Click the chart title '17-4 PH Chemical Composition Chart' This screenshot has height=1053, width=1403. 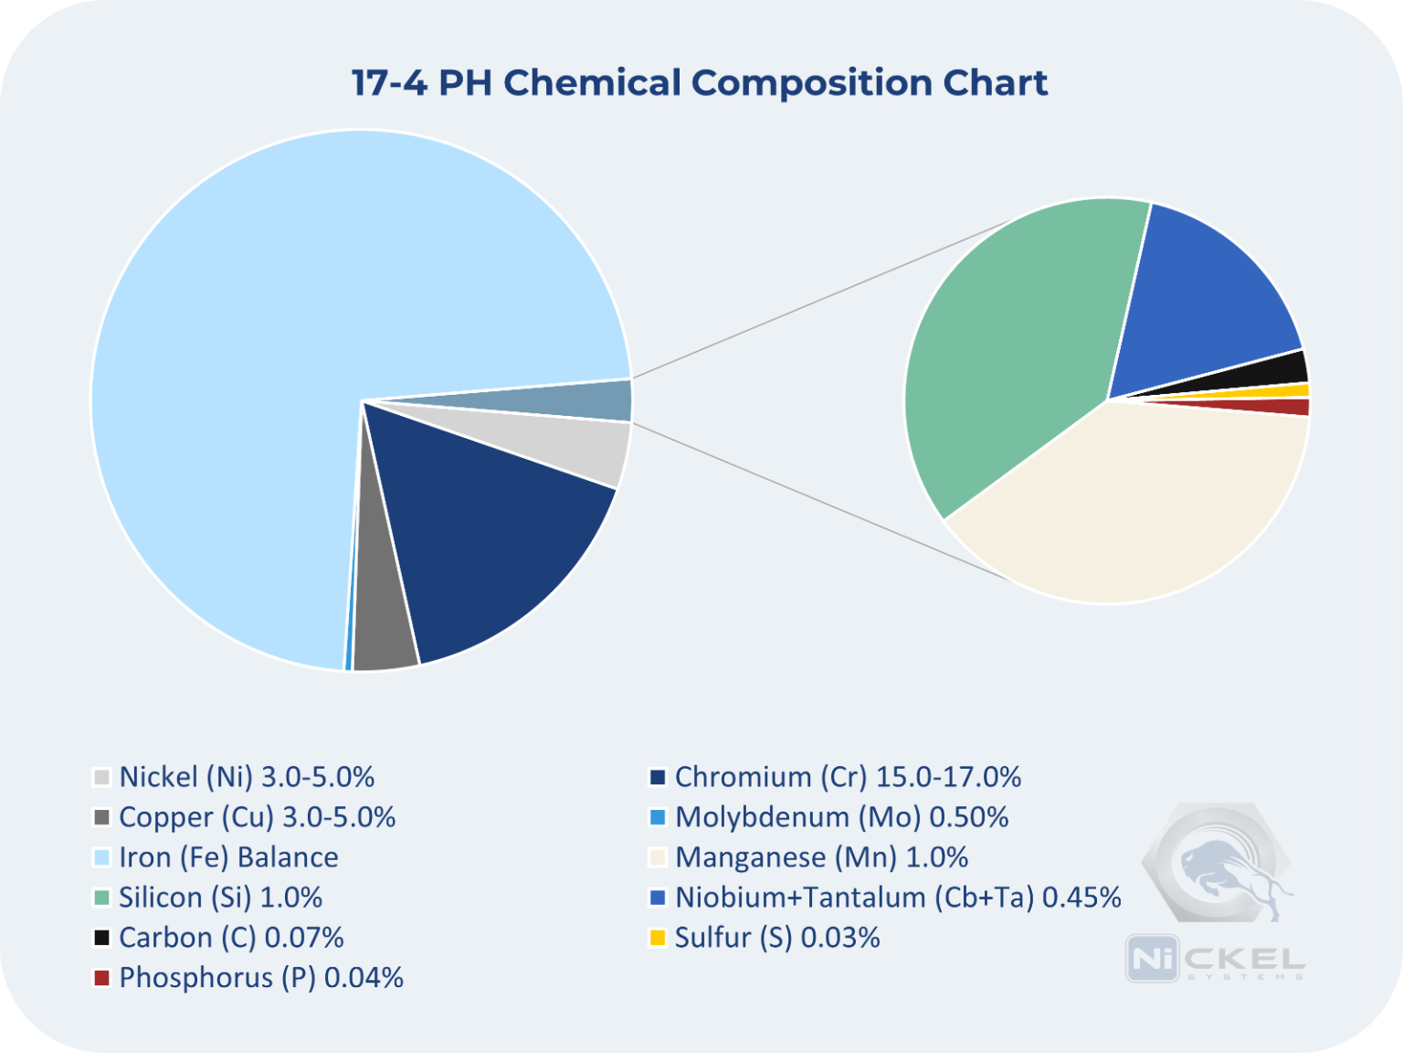(700, 82)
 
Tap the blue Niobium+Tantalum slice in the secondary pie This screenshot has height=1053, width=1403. (1206, 292)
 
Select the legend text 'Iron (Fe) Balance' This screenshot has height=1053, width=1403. (228, 857)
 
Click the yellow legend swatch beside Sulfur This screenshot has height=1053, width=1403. (657, 938)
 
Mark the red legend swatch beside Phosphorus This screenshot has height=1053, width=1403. (101, 978)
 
